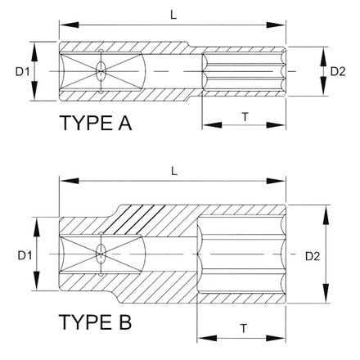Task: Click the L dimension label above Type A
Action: [x=173, y=15]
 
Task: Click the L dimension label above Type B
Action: [x=174, y=171]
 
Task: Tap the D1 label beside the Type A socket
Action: [x=22, y=72]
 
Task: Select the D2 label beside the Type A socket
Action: [x=338, y=71]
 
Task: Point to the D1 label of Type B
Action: [x=25, y=255]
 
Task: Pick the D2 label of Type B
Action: [x=313, y=256]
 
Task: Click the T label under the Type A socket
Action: [x=245, y=117]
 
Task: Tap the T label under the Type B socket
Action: [x=244, y=328]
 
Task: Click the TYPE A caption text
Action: [x=96, y=123]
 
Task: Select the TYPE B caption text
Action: [x=95, y=322]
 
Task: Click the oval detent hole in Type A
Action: [x=101, y=71]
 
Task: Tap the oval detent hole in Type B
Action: [x=101, y=254]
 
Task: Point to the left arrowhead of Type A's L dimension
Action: [x=69, y=25]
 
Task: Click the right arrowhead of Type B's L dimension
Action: [x=276, y=181]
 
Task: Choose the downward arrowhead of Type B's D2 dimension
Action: [x=326, y=293]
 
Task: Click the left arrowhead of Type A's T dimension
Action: [x=212, y=125]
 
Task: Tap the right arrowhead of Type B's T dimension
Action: [x=276, y=339]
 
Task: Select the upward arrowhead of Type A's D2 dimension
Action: [x=323, y=56]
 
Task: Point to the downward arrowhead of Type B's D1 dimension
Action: [x=36, y=281]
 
